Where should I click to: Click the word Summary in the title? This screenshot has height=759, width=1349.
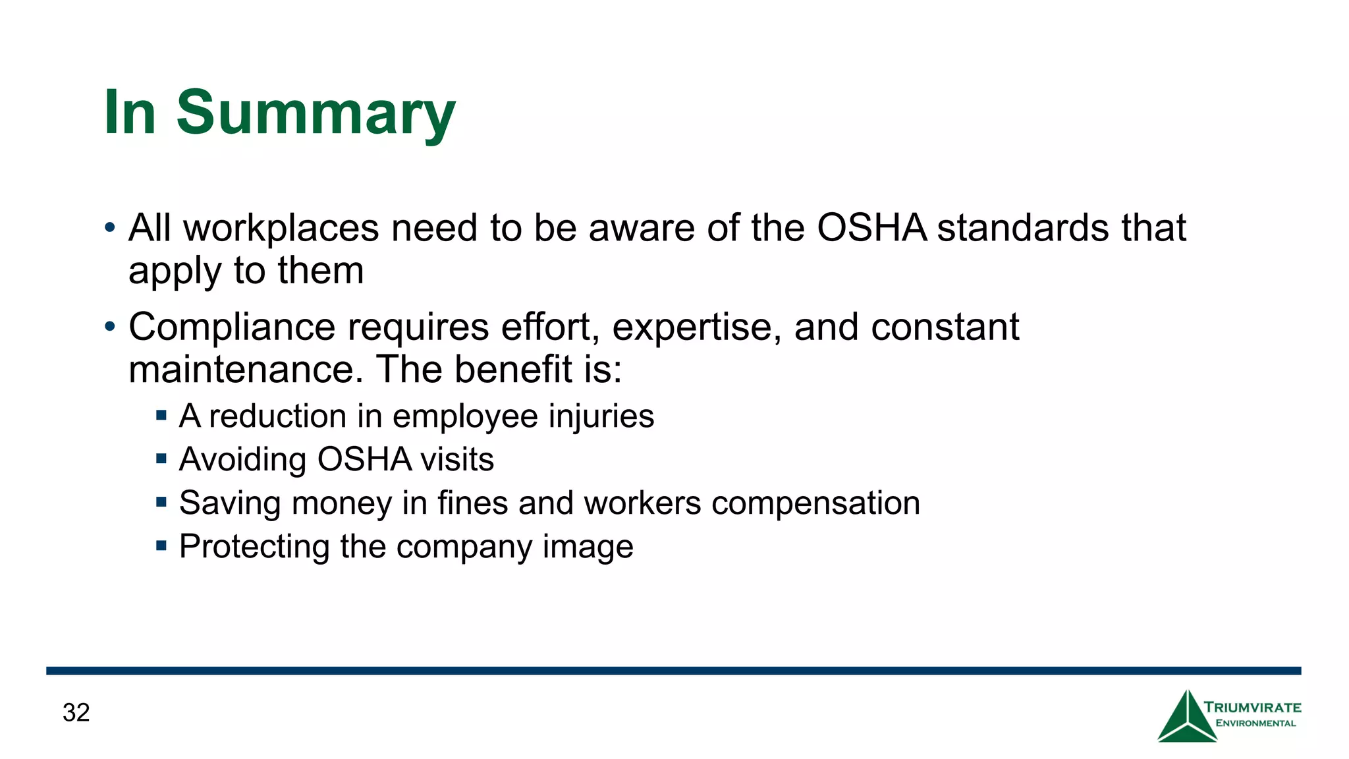pyautogui.click(x=316, y=113)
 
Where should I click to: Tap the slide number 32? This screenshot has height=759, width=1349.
pyautogui.click(x=76, y=713)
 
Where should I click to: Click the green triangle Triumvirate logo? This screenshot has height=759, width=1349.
pyautogui.click(x=1187, y=718)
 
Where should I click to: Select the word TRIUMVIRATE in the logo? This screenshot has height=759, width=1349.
pyautogui.click(x=1253, y=708)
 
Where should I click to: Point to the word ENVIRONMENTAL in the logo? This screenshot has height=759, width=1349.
pyautogui.click(x=1255, y=723)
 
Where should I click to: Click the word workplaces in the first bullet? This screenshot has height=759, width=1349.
pyautogui.click(x=281, y=229)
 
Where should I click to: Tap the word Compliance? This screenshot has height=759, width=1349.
pyautogui.click(x=232, y=327)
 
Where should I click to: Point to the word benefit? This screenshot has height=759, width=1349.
pyautogui.click(x=513, y=369)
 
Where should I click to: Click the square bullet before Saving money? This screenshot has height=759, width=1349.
pyautogui.click(x=161, y=503)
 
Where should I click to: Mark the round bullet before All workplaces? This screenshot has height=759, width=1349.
pyautogui.click(x=110, y=229)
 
